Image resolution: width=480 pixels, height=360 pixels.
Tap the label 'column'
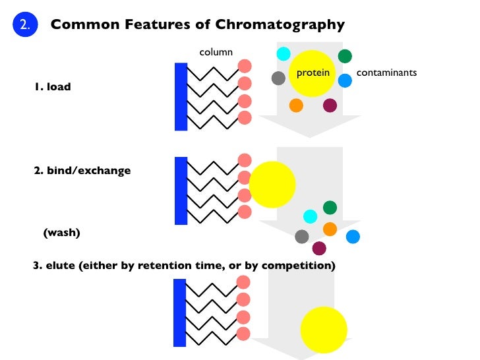point(216,52)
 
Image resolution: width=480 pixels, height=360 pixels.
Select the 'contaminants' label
point(386,73)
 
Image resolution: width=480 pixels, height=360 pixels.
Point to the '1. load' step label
point(52,86)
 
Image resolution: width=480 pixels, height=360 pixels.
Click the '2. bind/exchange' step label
point(82,170)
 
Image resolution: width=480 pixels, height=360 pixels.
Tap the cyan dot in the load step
point(284,54)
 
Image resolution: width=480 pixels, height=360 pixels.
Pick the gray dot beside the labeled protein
point(278,78)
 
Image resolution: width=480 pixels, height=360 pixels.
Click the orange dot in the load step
point(296,105)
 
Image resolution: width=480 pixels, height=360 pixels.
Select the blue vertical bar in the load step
point(181,96)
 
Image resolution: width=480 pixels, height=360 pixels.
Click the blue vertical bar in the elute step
point(179,313)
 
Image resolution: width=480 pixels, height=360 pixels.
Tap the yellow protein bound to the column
point(272,183)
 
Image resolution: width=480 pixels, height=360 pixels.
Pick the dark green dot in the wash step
point(330,208)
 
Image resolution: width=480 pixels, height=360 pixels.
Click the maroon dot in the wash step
point(319,248)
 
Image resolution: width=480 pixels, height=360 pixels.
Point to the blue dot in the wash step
point(353,236)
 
